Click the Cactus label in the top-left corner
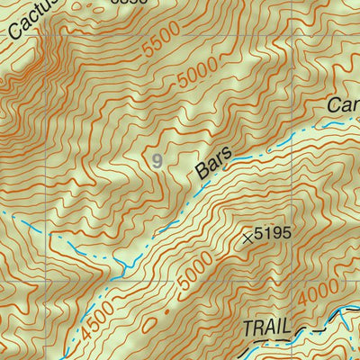pos(27,20)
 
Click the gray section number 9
pos(158,161)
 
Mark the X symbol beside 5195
pos(247,238)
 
